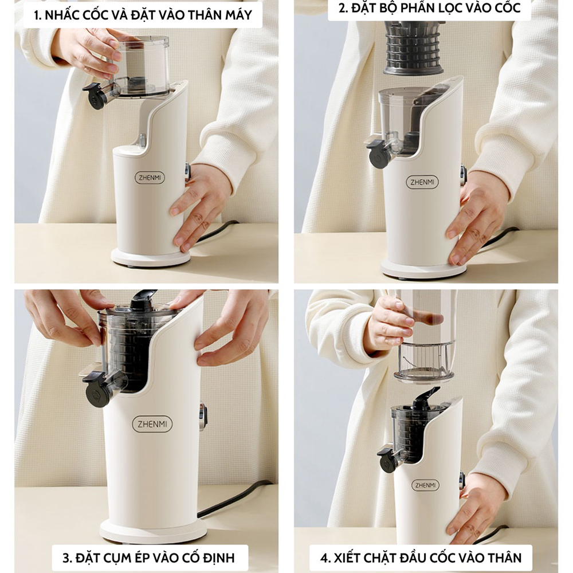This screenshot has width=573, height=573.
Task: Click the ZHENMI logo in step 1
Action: pyautogui.click(x=150, y=178)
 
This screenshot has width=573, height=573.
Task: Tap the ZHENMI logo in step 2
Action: pyautogui.click(x=422, y=182)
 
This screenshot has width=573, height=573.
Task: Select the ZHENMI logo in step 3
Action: pyautogui.click(x=152, y=424)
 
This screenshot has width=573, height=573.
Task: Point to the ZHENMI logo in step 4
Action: pyautogui.click(x=425, y=485)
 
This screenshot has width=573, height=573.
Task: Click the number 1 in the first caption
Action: pyautogui.click(x=37, y=15)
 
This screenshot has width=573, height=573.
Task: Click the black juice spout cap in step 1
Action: pyautogui.click(x=95, y=96)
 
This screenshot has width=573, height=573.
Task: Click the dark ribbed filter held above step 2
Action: pyautogui.click(x=413, y=48)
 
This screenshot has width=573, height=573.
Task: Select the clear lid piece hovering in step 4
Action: pyautogui.click(x=424, y=362)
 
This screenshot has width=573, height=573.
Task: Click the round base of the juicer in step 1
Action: pyautogui.click(x=151, y=258)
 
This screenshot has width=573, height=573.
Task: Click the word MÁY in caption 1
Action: pyautogui.click(x=237, y=15)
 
